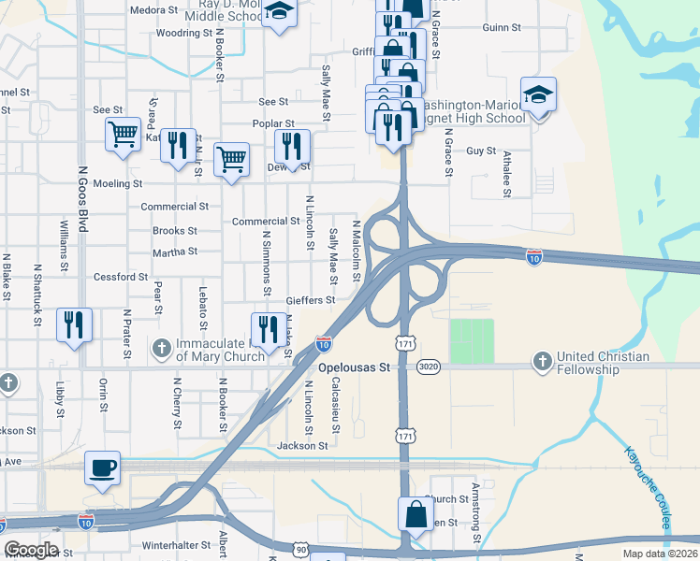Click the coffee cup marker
(x=102, y=467)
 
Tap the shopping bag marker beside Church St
(x=415, y=514)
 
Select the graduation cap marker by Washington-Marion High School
(x=539, y=94)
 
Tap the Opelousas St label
(x=353, y=368)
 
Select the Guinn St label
(x=502, y=28)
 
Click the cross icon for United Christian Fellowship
(x=543, y=360)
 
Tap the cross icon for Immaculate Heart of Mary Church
(x=162, y=349)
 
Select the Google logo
(x=31, y=549)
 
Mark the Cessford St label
(x=121, y=277)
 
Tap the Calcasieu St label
(x=336, y=407)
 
